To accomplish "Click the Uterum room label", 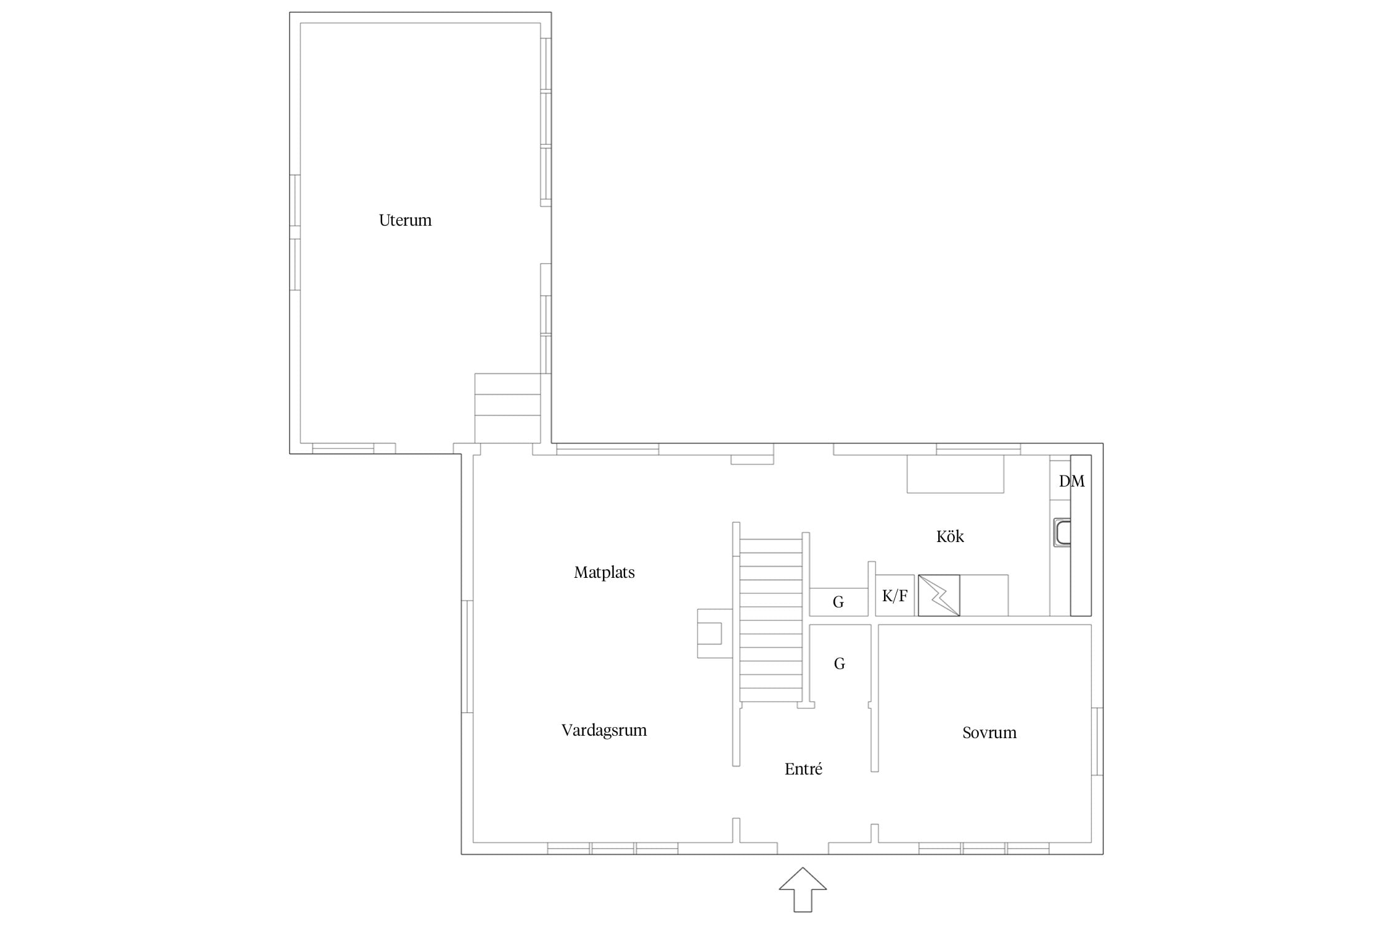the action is click(x=405, y=220).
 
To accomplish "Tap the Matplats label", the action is click(x=604, y=572).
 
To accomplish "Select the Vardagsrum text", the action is click(x=604, y=730).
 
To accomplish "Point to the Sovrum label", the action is click(x=989, y=733).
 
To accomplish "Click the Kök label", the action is click(x=950, y=536).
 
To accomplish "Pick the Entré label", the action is click(x=803, y=769).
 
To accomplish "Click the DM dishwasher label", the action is click(x=1071, y=481).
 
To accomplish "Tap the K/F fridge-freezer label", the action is click(x=894, y=596).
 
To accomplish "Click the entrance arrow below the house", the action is click(x=803, y=890).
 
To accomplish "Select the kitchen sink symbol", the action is click(x=1062, y=532).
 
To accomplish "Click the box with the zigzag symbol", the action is click(x=939, y=595).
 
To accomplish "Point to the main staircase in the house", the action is click(x=771, y=620).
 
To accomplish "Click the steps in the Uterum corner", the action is click(x=507, y=408).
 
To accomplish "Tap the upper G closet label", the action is click(x=838, y=602).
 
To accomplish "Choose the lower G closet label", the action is click(x=839, y=664).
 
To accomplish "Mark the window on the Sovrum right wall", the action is click(x=1097, y=741).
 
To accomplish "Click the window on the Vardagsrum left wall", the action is click(x=467, y=656).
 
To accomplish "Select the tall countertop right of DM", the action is click(x=1081, y=535).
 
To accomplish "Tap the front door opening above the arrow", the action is click(x=803, y=849).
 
